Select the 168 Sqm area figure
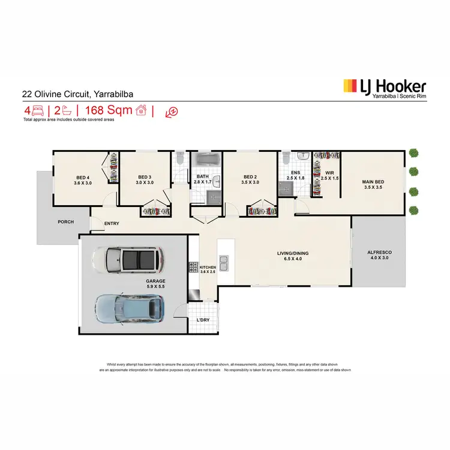coord(109,110)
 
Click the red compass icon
coord(173,112)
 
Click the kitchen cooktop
coord(194,266)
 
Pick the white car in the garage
coord(127,259)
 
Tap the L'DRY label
coord(202,320)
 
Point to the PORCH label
coord(65,222)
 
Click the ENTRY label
coord(112,224)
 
